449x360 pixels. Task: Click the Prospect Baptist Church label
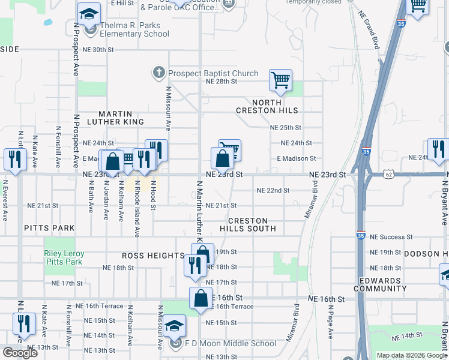(x=213, y=73)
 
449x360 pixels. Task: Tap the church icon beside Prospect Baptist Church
(x=159, y=73)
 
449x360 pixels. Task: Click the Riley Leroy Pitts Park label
(x=64, y=257)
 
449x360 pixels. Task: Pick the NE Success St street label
(x=391, y=237)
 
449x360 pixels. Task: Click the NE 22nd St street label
(x=273, y=190)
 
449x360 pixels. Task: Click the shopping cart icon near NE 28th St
(x=280, y=80)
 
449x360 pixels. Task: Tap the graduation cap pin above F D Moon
(x=175, y=326)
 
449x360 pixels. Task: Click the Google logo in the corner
(x=20, y=353)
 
